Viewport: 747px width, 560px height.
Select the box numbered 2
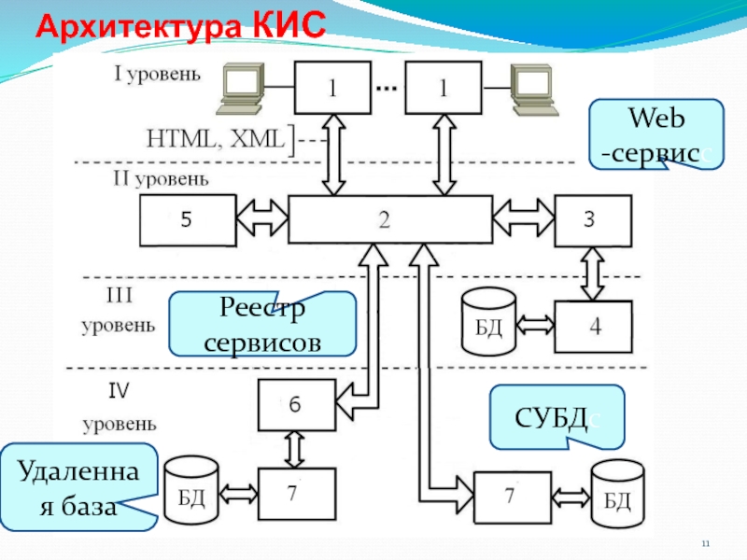click(x=390, y=220)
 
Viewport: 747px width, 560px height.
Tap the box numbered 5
click(x=187, y=220)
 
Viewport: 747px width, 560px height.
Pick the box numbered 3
click(x=592, y=220)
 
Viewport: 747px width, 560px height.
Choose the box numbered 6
click(x=296, y=405)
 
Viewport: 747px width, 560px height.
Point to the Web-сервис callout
click(x=655, y=134)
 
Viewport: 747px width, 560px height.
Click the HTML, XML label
click(x=215, y=139)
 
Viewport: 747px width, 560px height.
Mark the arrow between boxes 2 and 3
click(x=524, y=220)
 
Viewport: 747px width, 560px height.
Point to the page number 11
click(x=706, y=544)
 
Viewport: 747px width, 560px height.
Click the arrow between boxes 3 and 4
click(x=592, y=274)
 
